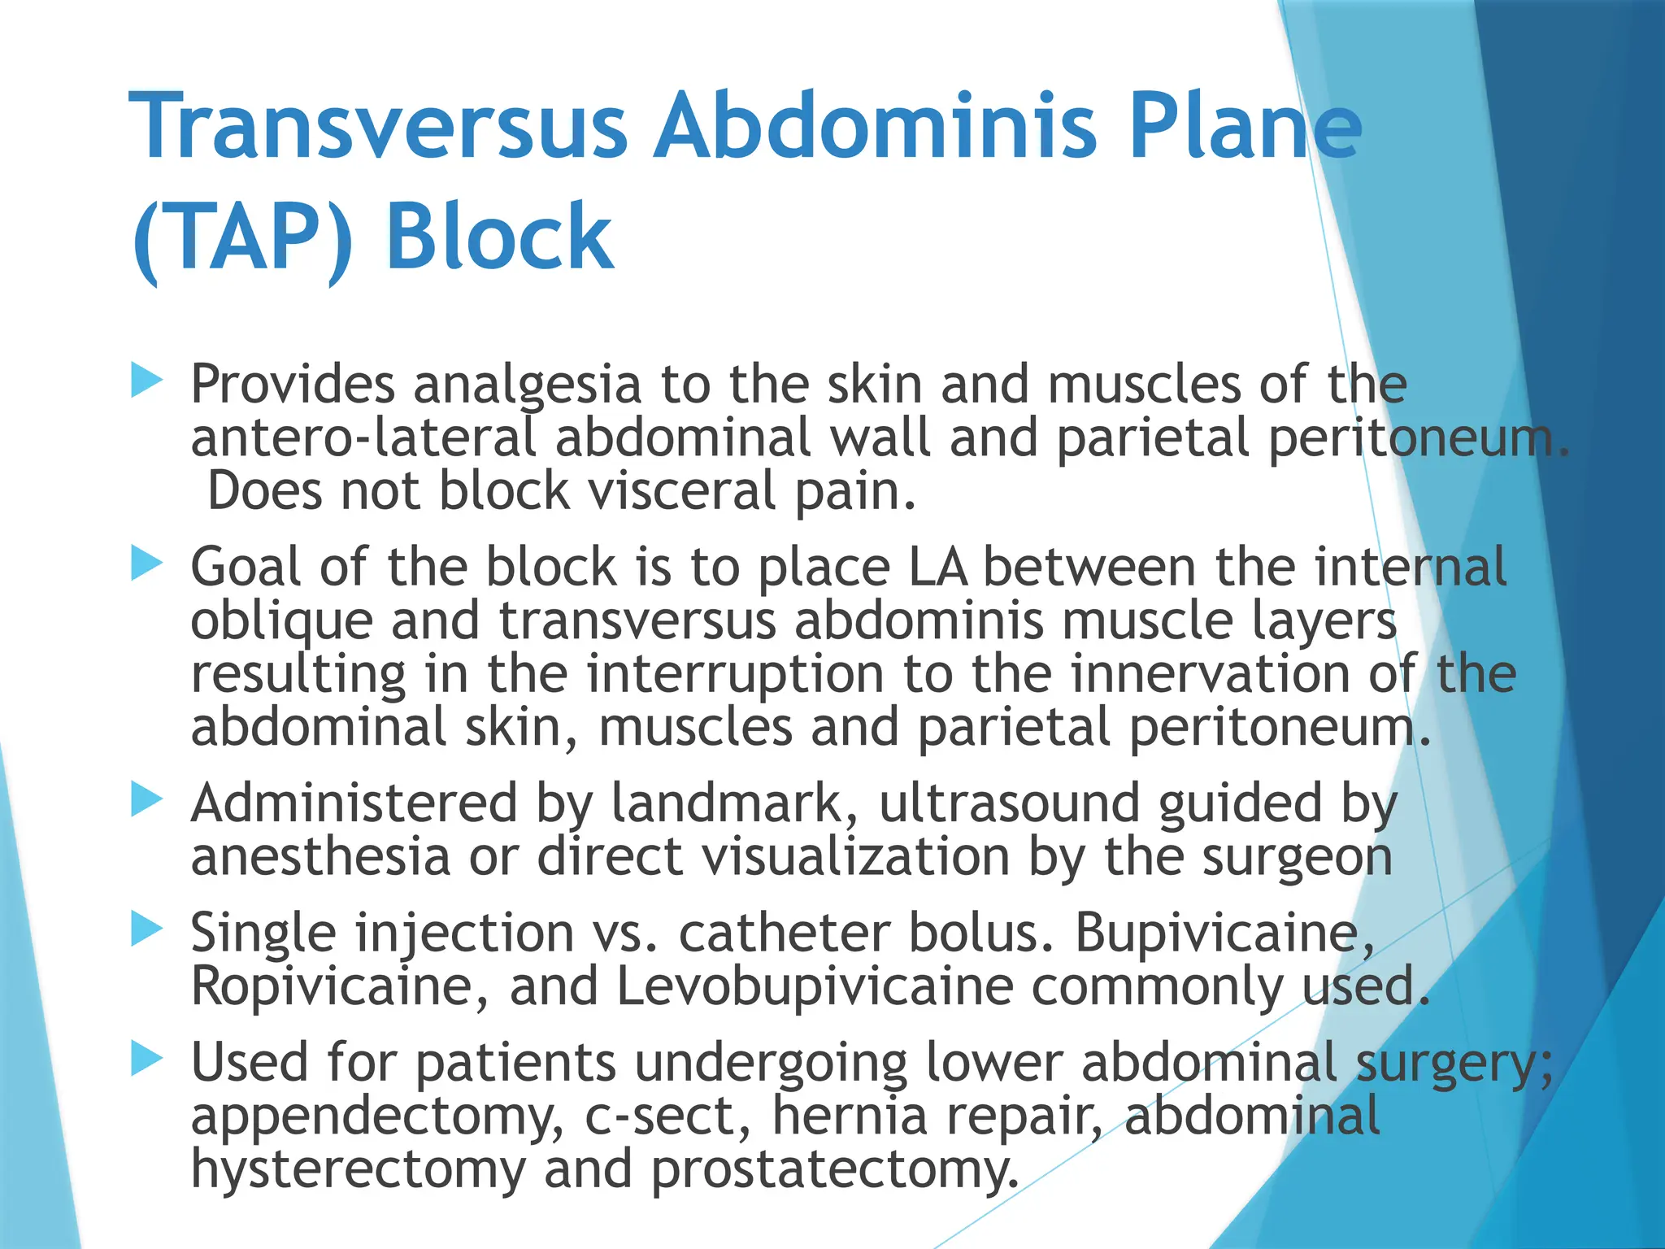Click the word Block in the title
click(499, 237)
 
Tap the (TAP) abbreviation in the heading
click(242, 237)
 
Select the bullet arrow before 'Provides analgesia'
click(146, 381)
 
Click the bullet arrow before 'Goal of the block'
click(146, 564)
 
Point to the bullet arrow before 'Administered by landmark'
click(146, 800)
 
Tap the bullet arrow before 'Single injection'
click(146, 929)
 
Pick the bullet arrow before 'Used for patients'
click(146, 1059)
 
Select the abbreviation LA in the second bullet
click(937, 567)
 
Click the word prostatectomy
click(834, 1170)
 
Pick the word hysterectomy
click(358, 1170)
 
